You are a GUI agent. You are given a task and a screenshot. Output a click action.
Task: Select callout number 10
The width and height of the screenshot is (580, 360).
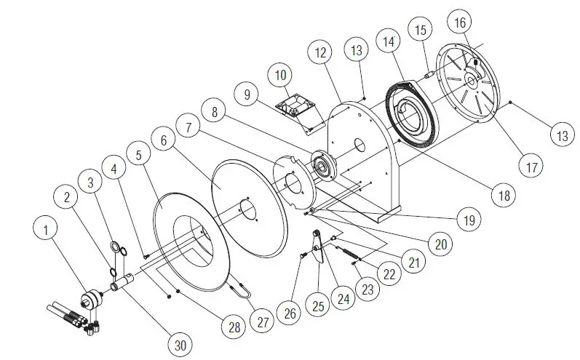(x=280, y=74)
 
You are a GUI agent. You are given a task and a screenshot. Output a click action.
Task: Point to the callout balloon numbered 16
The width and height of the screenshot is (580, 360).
(x=459, y=23)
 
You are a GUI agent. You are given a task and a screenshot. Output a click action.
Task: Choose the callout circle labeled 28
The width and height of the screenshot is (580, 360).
(x=234, y=328)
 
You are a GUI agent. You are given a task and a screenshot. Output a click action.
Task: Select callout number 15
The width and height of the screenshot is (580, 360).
(x=421, y=31)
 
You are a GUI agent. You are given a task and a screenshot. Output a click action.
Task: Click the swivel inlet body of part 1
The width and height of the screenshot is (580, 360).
(x=92, y=299)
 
